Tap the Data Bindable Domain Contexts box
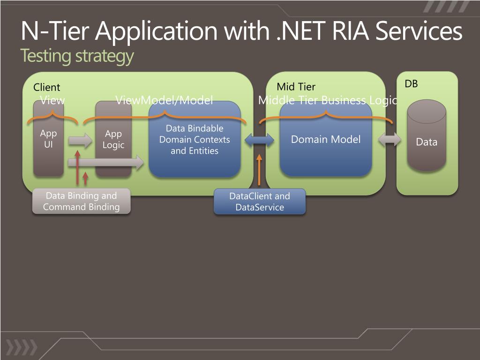click(195, 139)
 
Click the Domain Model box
click(326, 139)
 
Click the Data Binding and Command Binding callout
click(81, 202)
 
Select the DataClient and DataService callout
click(260, 202)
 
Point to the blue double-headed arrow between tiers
click(260, 139)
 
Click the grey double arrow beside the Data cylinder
click(390, 139)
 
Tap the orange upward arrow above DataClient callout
click(259, 170)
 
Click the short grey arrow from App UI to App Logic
click(80, 140)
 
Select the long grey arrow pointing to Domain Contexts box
click(105, 163)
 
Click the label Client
click(47, 87)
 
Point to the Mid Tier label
click(296, 87)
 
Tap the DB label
click(411, 84)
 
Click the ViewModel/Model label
click(164, 100)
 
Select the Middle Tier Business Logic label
click(328, 100)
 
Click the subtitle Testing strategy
click(77, 56)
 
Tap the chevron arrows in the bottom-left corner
click(21, 346)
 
